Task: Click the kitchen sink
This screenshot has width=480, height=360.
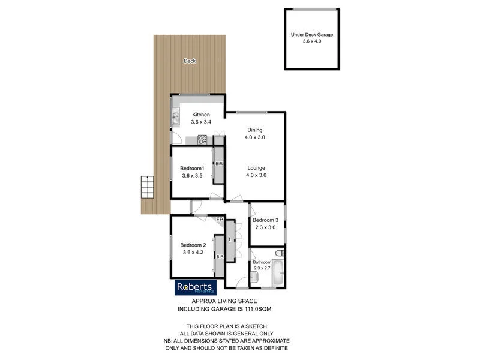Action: (x=176, y=118)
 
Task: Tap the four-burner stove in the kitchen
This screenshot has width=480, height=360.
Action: (x=203, y=141)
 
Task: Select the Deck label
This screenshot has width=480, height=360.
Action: (x=190, y=61)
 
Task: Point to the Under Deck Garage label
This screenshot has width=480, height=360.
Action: (x=311, y=35)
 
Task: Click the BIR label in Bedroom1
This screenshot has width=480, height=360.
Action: (x=219, y=163)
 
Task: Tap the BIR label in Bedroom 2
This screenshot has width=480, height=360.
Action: (x=220, y=257)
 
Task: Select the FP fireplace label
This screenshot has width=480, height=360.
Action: (x=220, y=220)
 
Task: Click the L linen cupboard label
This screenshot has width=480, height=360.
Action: (x=230, y=239)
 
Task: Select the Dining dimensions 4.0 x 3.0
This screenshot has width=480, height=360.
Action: (x=255, y=137)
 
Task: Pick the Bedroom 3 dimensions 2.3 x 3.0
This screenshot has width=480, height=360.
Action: (x=266, y=227)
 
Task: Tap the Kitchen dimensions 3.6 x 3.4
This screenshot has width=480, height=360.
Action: (x=200, y=122)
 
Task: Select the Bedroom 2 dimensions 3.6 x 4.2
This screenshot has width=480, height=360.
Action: (x=193, y=253)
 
